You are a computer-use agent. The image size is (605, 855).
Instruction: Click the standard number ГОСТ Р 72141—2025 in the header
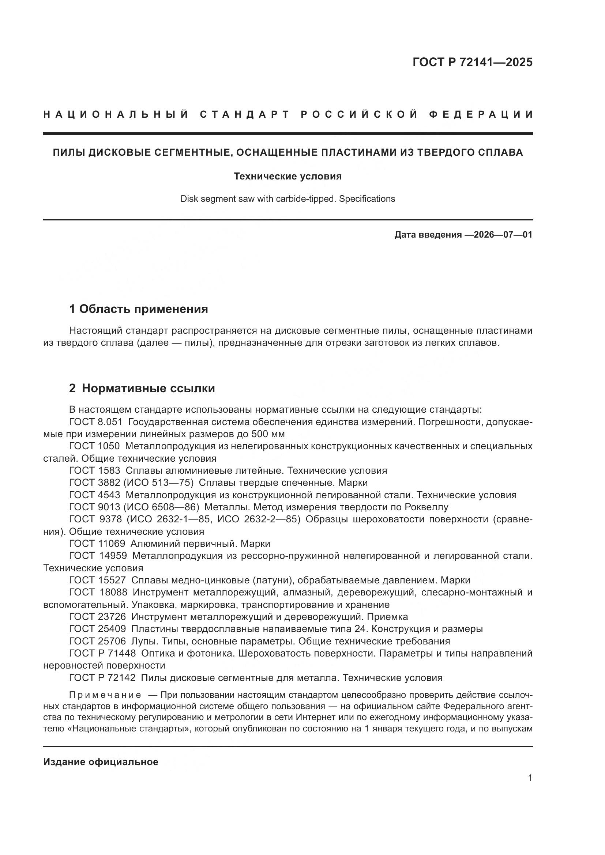472,62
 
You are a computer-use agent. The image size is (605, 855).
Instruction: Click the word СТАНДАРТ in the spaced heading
245,114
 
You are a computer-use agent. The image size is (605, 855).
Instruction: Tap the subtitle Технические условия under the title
288,176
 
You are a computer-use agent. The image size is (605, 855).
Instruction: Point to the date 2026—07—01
503,235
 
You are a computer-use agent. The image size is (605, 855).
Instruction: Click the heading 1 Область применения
139,309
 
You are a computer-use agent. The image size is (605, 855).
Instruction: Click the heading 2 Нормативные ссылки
142,389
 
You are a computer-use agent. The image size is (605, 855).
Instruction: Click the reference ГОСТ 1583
95,471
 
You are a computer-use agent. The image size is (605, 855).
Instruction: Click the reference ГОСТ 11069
97,544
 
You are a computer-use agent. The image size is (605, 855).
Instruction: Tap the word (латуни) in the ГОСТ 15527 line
272,580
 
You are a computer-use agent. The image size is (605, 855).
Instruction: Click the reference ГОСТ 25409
97,629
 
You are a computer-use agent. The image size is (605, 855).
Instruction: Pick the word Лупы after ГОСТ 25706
143,641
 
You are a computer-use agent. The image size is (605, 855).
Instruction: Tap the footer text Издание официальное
101,762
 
